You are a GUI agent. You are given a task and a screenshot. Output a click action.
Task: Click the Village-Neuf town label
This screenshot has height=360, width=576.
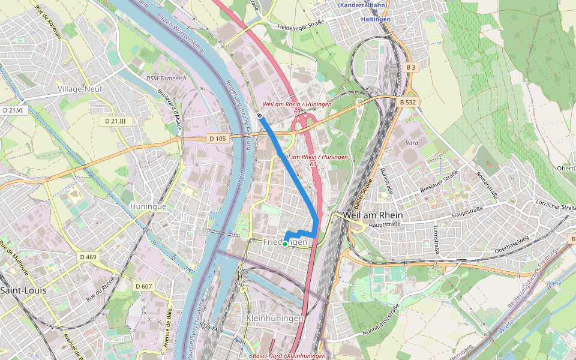(80, 88)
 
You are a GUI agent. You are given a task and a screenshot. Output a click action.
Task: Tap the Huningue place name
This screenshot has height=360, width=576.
(148, 206)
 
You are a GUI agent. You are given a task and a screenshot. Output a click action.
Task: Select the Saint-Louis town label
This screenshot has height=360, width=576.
(23, 290)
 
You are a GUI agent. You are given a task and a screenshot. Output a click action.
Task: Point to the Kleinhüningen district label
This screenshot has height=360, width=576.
(275, 317)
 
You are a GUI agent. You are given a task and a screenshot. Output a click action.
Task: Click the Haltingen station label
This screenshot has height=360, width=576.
(376, 19)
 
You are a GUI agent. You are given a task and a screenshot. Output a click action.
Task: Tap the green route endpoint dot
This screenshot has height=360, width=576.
(285, 244)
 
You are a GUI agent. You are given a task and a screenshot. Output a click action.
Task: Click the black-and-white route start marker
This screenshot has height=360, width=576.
(260, 115)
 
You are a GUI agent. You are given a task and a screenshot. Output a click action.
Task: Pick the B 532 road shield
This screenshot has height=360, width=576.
(407, 103)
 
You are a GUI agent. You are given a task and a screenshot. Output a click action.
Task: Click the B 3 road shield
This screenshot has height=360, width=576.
(410, 68)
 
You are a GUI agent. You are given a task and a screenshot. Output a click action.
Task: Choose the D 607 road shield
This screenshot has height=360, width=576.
(143, 286)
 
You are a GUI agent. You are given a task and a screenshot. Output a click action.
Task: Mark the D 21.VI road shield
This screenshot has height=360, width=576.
(12, 110)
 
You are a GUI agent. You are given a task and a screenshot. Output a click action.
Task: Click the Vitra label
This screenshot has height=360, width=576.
(412, 143)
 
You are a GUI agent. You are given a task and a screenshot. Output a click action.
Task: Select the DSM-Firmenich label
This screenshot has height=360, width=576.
(167, 79)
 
